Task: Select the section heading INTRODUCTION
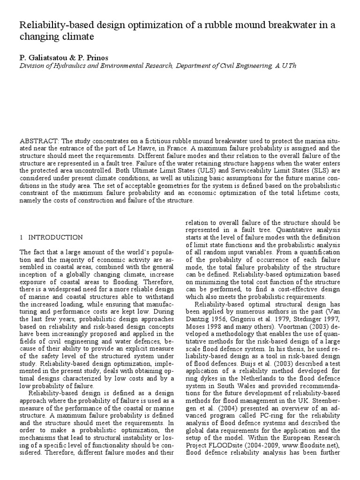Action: coord(55,238)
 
